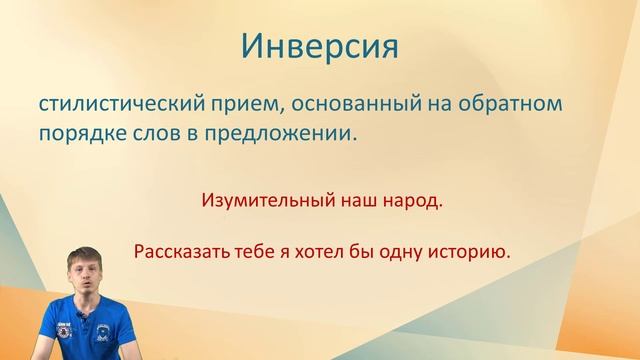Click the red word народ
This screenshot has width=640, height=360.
(412, 201)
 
